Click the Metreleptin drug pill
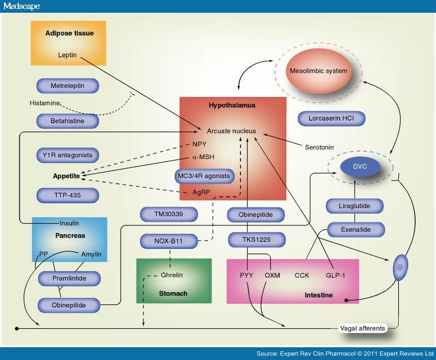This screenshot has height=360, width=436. tap(68, 86)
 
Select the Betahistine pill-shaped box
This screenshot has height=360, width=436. tap(68, 121)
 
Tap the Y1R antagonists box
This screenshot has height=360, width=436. tap(68, 155)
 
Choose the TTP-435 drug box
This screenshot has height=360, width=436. tap(68, 194)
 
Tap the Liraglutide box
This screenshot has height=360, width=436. tap(355, 206)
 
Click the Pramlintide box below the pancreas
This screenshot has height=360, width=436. tap(69, 278)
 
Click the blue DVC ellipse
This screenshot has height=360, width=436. tap(360, 166)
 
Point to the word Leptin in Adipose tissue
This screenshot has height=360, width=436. tap(67, 55)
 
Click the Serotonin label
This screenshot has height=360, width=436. tap(319, 147)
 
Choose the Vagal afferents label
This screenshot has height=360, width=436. tap(362, 328)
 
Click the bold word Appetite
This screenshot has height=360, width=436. tap(66, 176)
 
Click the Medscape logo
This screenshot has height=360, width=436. tap(21, 6)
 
